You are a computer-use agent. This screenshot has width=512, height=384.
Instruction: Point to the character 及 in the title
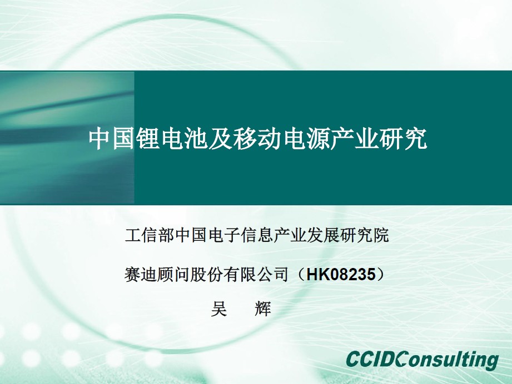[220, 139]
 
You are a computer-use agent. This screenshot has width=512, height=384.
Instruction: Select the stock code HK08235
[340, 274]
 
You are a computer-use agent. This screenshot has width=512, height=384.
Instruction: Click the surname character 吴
[219, 309]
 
